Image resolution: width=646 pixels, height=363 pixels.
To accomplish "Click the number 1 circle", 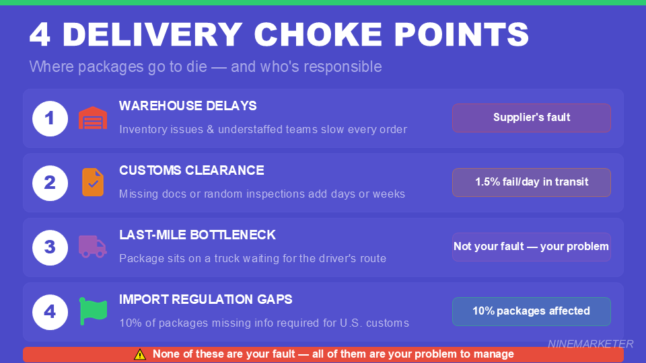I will [x=50, y=118].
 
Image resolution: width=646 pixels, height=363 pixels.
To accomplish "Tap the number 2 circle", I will [x=50, y=183].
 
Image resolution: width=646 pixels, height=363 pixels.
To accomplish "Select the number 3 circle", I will [x=50, y=247].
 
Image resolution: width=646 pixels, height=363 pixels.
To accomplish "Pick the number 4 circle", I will [x=50, y=312].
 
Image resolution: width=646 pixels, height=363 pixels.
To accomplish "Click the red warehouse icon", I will [x=93, y=118].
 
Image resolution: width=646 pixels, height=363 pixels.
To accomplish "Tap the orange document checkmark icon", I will [x=93, y=182].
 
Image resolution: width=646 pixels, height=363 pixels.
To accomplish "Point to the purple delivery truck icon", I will [x=93, y=247].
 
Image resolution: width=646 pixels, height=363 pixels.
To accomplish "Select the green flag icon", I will [x=93, y=311].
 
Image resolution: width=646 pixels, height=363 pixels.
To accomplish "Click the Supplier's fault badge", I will [x=531, y=118].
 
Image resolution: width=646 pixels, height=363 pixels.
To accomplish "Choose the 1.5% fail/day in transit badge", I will [x=531, y=182].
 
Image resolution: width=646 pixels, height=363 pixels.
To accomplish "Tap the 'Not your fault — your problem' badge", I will [x=531, y=247].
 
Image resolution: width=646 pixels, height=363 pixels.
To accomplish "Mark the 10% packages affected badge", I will [x=531, y=311].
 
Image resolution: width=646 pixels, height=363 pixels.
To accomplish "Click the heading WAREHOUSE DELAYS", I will [x=188, y=106].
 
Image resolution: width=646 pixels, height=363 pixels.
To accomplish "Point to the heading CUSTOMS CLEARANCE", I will [x=192, y=171].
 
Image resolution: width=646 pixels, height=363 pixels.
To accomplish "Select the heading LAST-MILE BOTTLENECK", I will [x=197, y=235].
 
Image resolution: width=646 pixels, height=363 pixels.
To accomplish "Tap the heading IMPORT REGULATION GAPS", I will [x=205, y=300].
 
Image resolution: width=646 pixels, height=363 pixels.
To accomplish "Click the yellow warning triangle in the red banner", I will [x=140, y=354].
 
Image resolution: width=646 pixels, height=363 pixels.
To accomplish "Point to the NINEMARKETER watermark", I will [x=590, y=344].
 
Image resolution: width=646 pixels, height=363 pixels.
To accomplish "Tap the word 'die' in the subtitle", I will [x=184, y=67].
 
